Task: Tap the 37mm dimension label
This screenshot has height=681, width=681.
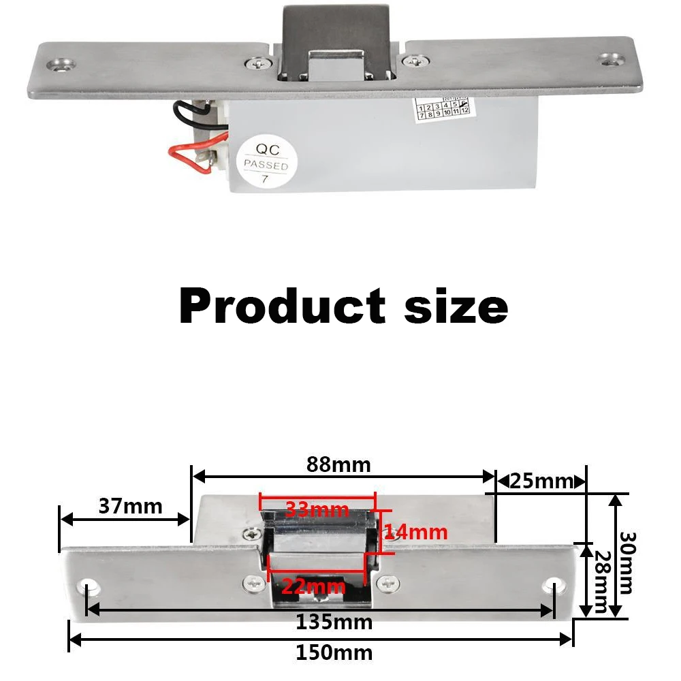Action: (131, 507)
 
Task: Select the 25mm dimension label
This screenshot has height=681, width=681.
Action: (541, 481)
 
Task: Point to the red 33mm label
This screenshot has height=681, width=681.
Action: (317, 509)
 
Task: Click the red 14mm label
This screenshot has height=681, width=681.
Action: (415, 532)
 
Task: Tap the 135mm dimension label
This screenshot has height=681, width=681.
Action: (334, 622)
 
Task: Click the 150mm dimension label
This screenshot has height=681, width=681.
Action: (334, 652)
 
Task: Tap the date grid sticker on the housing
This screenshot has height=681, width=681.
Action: (443, 107)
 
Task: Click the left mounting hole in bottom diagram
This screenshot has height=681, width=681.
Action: (89, 586)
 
